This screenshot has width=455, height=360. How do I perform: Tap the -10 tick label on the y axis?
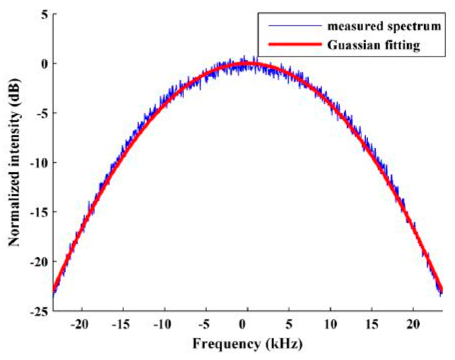coord(39,163)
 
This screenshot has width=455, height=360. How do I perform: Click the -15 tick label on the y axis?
coord(39,213)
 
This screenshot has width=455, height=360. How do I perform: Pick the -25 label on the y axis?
coord(39,312)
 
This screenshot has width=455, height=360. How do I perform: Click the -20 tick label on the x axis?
coord(79,324)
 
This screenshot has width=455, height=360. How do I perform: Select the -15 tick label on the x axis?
coord(120,324)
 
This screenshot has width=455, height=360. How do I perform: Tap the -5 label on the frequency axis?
coord(204,324)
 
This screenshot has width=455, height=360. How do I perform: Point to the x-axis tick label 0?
coord(243,324)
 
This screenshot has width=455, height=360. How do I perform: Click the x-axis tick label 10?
coord(330,324)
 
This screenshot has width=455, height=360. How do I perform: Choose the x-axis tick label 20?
coord(413,324)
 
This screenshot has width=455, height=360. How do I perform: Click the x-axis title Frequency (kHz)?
coord(247,343)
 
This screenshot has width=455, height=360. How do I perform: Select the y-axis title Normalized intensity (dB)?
coord(14,162)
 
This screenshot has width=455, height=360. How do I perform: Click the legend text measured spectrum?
coord(384,26)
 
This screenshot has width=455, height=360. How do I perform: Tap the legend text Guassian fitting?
coord(373,45)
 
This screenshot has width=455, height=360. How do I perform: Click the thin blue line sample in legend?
coord(295,26)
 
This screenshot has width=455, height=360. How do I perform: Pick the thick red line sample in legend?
coord(295,44)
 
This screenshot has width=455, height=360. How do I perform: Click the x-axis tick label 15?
coord(372,324)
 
